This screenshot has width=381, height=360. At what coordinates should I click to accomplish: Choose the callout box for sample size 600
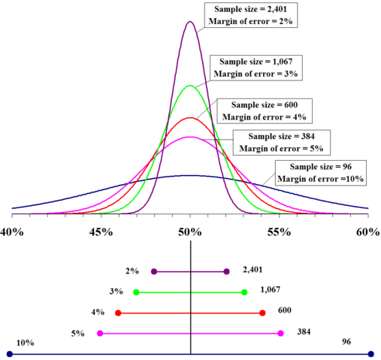point(262,110)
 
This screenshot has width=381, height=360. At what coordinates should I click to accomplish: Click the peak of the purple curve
point(190,21)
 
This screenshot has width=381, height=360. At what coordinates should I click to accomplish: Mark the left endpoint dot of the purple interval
point(154,271)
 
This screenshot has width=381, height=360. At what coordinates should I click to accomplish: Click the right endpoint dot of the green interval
point(244,292)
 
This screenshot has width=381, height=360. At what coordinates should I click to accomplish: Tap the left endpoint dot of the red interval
point(118,313)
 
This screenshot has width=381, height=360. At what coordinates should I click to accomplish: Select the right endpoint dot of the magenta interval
point(280,333)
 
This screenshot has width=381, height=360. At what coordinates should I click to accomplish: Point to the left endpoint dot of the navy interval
point(10,354)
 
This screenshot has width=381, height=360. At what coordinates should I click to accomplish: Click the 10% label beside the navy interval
point(25,342)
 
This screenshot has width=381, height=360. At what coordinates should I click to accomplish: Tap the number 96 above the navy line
point(346,342)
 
